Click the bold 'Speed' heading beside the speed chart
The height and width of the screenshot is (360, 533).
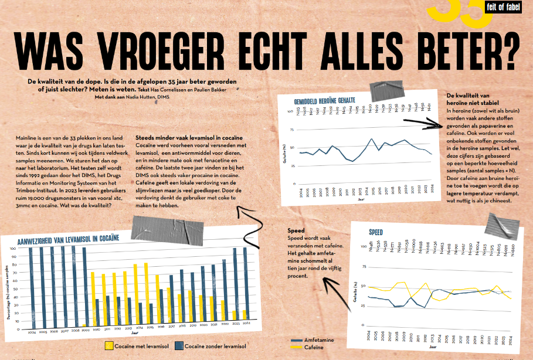(x=296, y=230)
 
